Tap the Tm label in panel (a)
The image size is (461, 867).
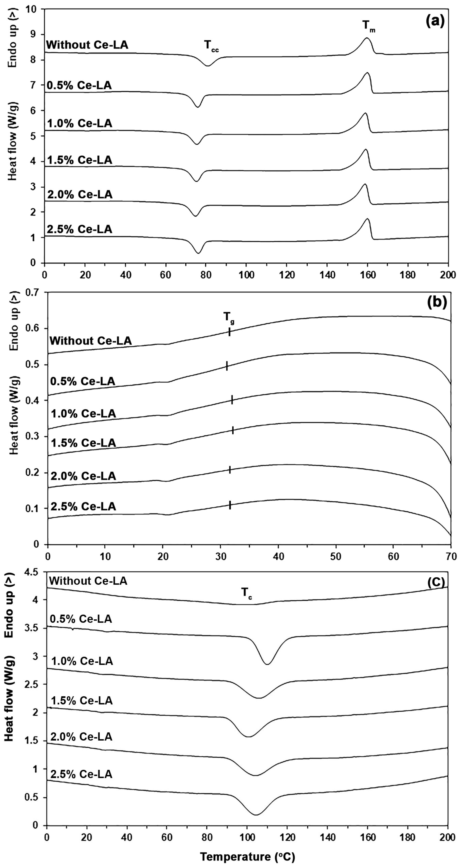click(369, 26)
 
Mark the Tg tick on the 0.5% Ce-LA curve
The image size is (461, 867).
click(227, 366)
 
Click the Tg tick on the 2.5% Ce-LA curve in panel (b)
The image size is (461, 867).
click(230, 505)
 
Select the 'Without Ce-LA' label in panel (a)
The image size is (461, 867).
click(87, 45)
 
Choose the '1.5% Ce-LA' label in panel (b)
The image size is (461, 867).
click(83, 443)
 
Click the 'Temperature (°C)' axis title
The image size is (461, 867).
click(247, 857)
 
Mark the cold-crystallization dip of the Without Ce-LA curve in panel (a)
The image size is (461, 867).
click(208, 66)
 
